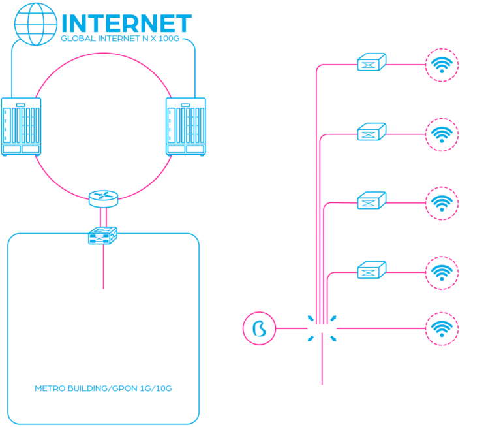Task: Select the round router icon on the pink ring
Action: pos(103,197)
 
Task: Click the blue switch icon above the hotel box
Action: pos(102,234)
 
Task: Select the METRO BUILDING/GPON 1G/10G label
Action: pos(103,388)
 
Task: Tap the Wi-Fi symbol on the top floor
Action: pos(442,64)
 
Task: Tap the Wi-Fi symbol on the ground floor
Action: pos(442,327)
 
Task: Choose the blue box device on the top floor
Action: pos(371,63)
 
